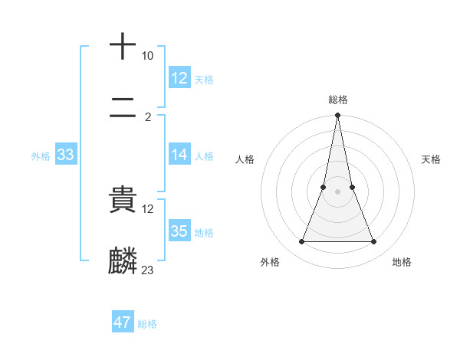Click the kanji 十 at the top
[x=123, y=46]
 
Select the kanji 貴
[x=123, y=201]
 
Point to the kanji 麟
[x=123, y=261]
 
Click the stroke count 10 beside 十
[x=148, y=56]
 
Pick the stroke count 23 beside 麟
[x=148, y=270]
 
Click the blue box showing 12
[x=179, y=78]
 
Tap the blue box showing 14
[x=179, y=155]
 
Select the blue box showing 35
[x=179, y=231]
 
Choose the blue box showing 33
[x=65, y=155]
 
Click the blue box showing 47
[x=123, y=322]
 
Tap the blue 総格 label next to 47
[x=147, y=324]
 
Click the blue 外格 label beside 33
[x=41, y=156]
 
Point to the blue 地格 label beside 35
[x=204, y=233]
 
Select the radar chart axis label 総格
[x=338, y=100]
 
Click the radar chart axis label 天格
[x=432, y=159]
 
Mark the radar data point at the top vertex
[x=337, y=116]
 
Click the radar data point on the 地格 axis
[x=374, y=242]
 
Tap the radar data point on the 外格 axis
[x=301, y=242]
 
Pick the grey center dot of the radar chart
[x=337, y=191]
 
